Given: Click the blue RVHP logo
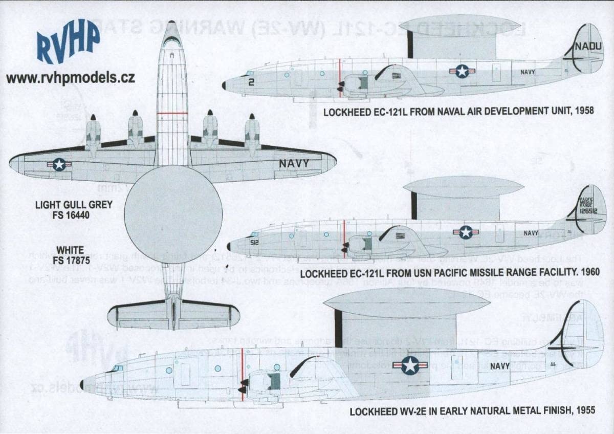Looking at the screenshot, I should click(x=68, y=42).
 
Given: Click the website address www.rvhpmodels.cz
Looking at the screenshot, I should click(x=71, y=78).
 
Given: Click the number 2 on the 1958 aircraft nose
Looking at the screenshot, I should click(x=251, y=81).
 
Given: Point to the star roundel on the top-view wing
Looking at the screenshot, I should click(x=59, y=164).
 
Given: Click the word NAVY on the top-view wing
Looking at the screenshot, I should click(x=294, y=164).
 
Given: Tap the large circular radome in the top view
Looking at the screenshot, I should click(x=173, y=214).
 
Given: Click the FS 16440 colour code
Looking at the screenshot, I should click(x=74, y=215).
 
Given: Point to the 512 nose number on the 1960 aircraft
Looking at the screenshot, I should click(x=254, y=243).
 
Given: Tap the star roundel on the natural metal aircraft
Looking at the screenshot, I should click(x=410, y=365).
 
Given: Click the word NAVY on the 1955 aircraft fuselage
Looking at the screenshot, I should click(x=499, y=366).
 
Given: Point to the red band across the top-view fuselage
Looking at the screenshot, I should click(x=172, y=113).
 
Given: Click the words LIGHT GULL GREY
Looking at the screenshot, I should click(x=74, y=205).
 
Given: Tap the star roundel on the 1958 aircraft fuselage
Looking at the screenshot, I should click(x=462, y=71).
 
